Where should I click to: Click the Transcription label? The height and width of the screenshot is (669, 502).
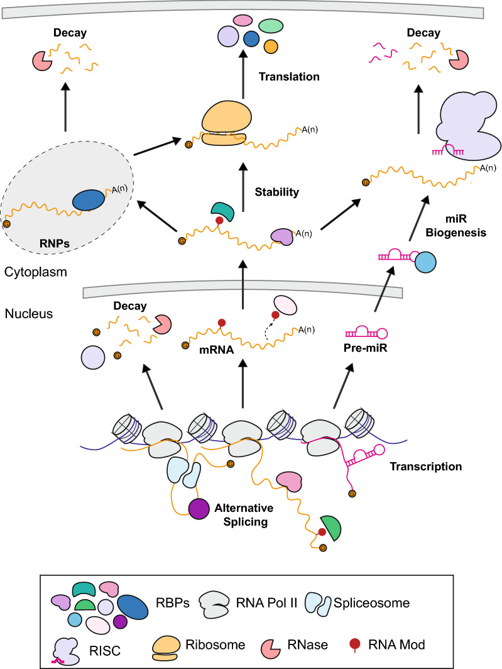click(425, 467)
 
